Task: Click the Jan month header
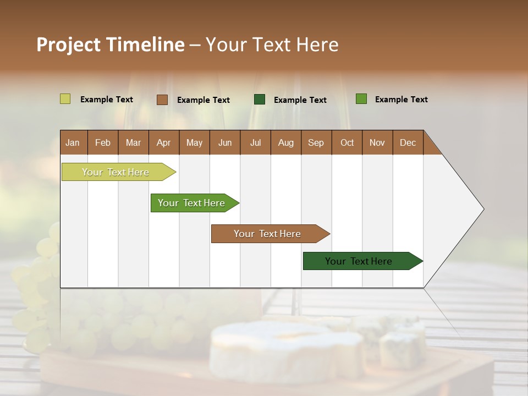(x=73, y=142)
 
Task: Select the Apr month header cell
(x=164, y=142)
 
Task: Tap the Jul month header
(x=255, y=142)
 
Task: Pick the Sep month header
(x=316, y=142)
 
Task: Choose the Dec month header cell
(x=408, y=142)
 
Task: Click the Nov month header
(x=377, y=142)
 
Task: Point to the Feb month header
(x=103, y=142)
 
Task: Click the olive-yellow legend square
(x=65, y=99)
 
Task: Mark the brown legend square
(x=162, y=100)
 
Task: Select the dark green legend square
(x=260, y=100)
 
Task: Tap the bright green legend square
(x=361, y=99)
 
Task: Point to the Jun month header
(x=225, y=142)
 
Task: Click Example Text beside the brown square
(x=203, y=100)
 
